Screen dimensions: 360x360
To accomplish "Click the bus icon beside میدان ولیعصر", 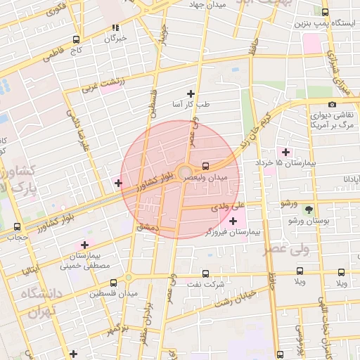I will click(205, 166).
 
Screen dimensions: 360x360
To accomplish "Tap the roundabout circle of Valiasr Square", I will click(185, 172).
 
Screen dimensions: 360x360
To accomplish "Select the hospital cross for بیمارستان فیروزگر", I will click(233, 221).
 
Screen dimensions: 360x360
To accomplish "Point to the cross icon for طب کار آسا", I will click(190, 94).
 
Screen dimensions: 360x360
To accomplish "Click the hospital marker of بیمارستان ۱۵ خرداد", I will click(285, 152).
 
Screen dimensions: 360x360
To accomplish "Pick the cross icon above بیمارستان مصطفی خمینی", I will click(84, 245).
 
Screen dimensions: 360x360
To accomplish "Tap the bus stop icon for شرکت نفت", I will click(205, 274).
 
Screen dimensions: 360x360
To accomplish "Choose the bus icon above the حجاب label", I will click(17, 226).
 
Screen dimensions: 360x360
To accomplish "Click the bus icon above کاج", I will click(76, 39).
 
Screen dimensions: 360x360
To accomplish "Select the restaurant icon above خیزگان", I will click(116, 28).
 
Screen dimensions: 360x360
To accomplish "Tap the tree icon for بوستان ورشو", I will click(308, 209).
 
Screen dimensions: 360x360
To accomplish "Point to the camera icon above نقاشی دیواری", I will click(332, 104).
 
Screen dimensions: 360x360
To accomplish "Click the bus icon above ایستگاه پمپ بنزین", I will click(325, 12).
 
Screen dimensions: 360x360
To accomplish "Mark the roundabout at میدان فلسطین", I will click(129, 277).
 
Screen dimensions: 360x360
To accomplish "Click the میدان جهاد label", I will click(206, 5).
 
